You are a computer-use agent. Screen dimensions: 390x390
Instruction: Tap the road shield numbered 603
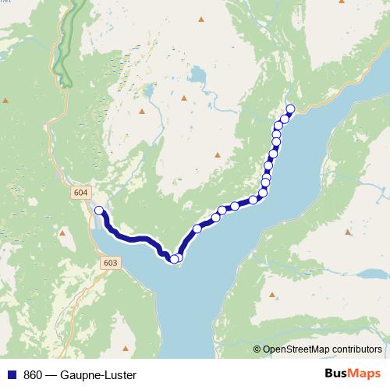tap(110, 264)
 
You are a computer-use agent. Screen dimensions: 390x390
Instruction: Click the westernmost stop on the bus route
tap(99, 210)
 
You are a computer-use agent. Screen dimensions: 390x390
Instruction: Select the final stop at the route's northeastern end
tap(291, 108)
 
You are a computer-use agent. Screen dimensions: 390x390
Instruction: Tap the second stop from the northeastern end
tap(285, 119)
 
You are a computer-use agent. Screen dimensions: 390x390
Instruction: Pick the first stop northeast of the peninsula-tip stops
tap(197, 229)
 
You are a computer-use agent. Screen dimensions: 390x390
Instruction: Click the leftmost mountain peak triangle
tap(5, 101)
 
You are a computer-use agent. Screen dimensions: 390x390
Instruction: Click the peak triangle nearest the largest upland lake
tap(184, 98)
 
